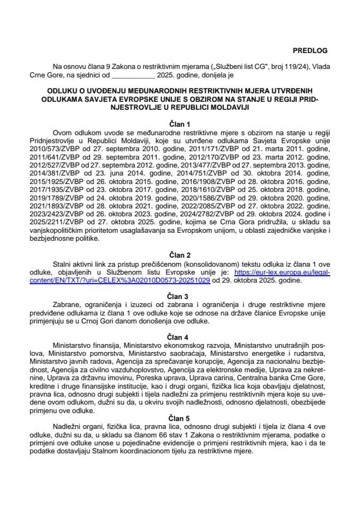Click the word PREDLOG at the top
point(310,51)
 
